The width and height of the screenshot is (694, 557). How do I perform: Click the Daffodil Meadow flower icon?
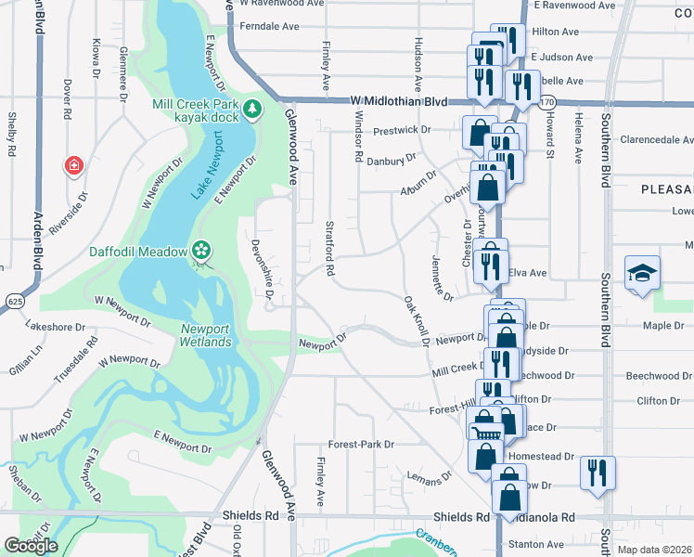click(x=201, y=250)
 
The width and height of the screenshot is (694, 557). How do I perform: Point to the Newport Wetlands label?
click(x=205, y=335)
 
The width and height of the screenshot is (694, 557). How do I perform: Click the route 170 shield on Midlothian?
click(x=547, y=101)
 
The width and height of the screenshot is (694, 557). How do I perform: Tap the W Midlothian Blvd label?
click(x=399, y=101)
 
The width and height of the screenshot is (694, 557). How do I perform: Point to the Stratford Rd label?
click(x=330, y=248)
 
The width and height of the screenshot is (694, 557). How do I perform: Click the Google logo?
click(x=31, y=546)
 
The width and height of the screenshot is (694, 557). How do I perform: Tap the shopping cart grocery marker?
click(x=486, y=429)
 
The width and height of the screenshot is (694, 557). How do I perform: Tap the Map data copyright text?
click(x=655, y=550)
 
